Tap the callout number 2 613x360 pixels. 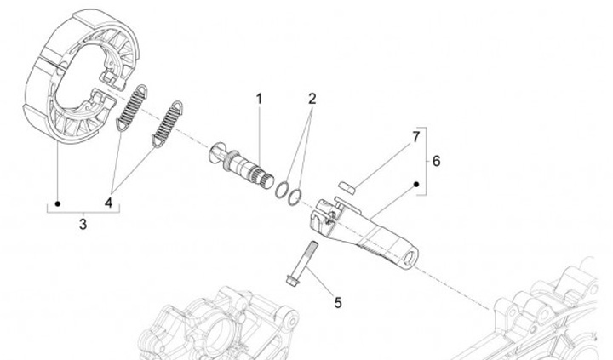312,99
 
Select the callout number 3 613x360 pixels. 83,225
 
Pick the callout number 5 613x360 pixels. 337,301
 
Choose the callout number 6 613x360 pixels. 437,160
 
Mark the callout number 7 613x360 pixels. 416,136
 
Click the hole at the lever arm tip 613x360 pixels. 411,254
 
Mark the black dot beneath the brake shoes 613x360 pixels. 56,203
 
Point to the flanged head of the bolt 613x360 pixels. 293,278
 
